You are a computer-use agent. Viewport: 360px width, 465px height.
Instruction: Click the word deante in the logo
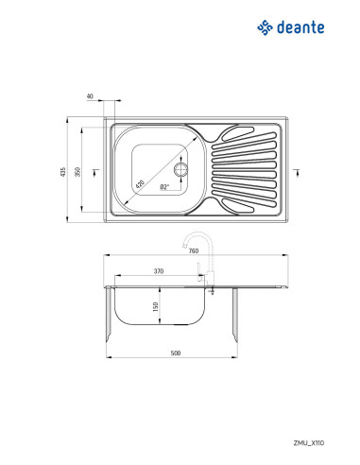tap(300, 28)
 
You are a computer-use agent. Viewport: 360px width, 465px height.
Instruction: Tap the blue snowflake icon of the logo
tap(264, 28)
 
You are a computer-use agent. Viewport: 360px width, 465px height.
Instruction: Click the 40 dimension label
tap(89, 96)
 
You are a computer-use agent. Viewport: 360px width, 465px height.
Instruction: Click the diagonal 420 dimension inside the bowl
tap(141, 184)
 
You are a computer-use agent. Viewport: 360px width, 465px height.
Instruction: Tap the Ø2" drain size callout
tap(164, 187)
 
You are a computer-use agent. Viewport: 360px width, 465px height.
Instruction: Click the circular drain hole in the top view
tap(181, 171)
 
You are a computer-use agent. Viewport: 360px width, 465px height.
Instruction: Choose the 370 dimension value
tap(158, 271)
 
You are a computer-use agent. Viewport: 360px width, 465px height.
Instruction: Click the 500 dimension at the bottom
tap(175, 353)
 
